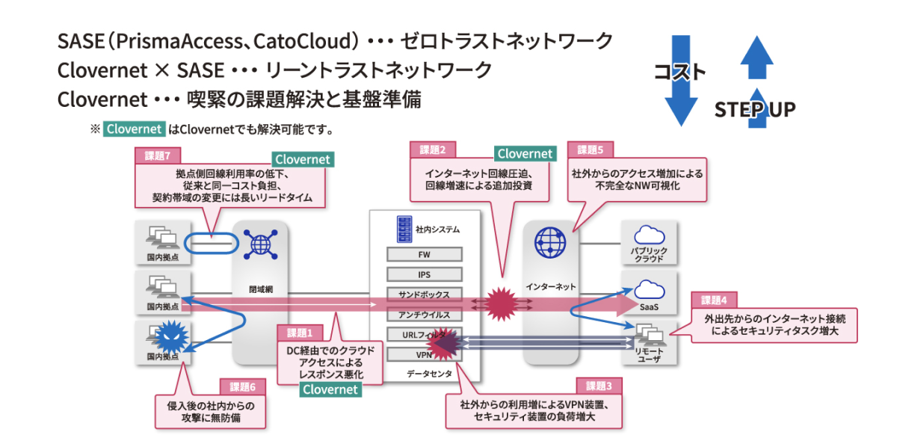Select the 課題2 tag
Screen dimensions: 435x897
(x=433, y=149)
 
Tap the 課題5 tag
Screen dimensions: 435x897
(x=591, y=149)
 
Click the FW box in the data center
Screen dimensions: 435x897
(x=424, y=254)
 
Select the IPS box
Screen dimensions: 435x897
(x=424, y=274)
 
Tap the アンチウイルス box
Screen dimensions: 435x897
(x=424, y=313)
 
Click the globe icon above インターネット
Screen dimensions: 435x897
(x=550, y=242)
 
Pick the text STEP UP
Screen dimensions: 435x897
(x=754, y=111)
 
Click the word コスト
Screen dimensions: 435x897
(x=679, y=72)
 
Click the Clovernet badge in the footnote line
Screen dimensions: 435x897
(x=134, y=129)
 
